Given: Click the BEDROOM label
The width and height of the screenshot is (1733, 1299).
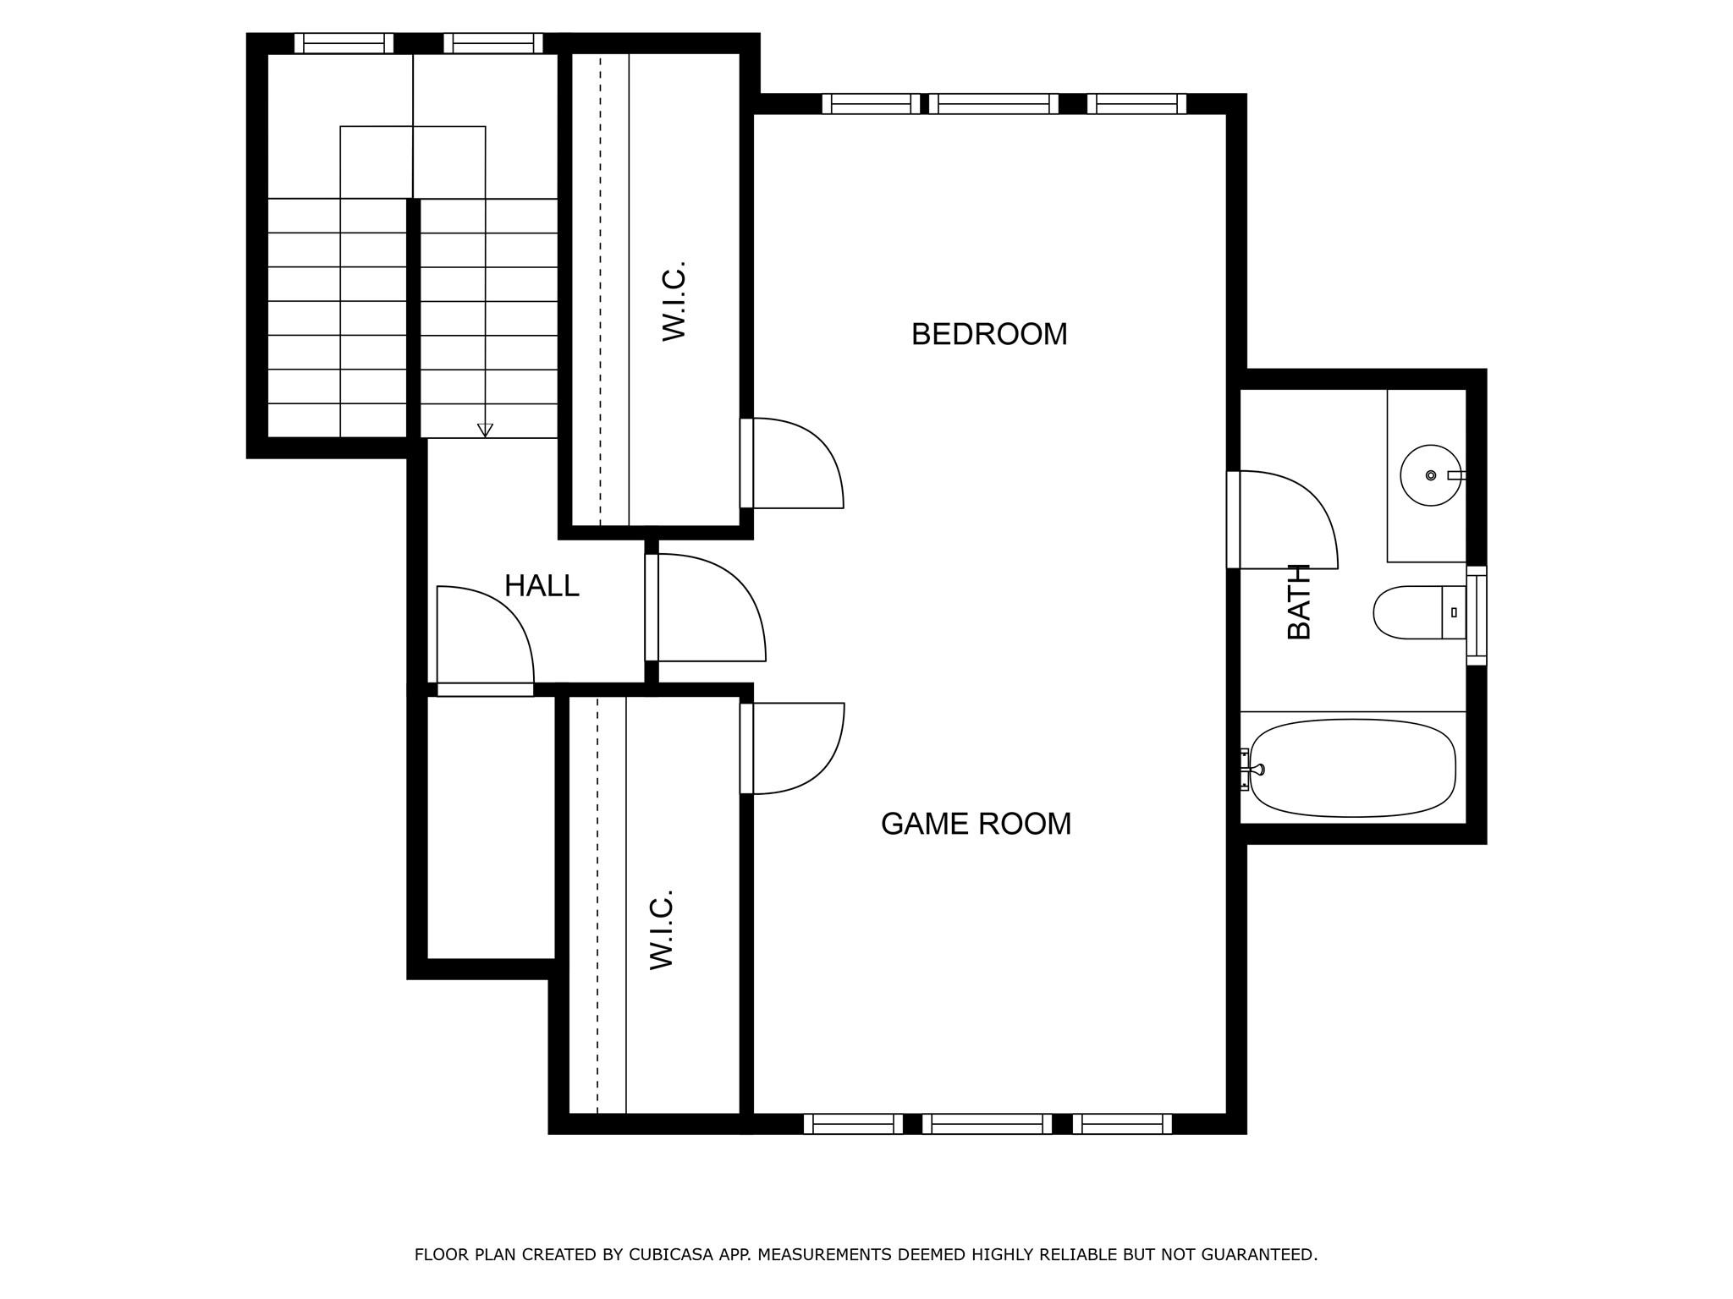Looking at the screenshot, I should (988, 334).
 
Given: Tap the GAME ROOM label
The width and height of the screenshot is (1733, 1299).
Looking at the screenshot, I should (976, 824).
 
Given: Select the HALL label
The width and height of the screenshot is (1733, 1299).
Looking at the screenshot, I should (542, 585).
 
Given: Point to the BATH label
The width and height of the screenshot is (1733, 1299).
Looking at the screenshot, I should (1299, 601).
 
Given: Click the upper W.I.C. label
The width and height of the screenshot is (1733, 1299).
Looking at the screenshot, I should (674, 301).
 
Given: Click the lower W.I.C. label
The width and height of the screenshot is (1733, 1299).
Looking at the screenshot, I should (661, 929).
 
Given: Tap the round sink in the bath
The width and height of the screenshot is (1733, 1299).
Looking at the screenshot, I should (1430, 475).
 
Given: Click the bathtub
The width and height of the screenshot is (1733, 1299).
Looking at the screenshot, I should (1352, 768).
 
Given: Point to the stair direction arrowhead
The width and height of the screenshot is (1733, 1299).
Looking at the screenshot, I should (485, 430).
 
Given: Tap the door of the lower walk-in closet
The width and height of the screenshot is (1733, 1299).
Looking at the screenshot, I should (795, 748).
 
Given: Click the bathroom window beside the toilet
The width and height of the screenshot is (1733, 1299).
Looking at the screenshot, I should (1476, 615).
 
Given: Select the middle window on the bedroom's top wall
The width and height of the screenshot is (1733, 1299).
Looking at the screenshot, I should (993, 104).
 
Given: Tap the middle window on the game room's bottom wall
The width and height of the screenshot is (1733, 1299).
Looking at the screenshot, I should (987, 1124).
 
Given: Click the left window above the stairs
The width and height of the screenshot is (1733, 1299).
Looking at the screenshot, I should (344, 43).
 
